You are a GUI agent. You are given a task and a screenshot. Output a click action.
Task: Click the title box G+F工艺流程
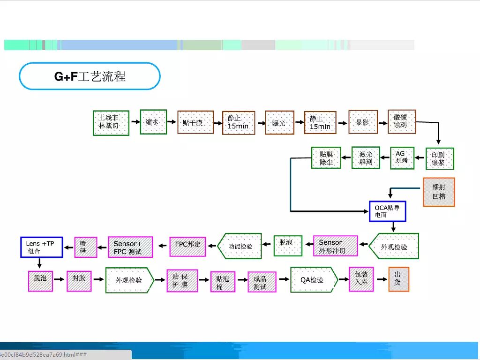pos(90,76)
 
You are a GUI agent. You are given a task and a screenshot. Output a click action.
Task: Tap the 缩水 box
pos(153,122)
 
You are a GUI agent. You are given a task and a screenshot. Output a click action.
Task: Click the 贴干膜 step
pos(195,122)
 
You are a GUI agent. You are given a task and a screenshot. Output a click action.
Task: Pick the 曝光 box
pos(279,122)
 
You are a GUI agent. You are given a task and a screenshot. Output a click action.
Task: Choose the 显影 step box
pos(363,122)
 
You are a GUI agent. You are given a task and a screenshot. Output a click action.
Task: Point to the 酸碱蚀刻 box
pos(402,121)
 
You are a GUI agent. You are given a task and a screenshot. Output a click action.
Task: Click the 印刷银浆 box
pos(440,159)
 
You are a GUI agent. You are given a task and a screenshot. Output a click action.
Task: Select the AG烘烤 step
pos(402,158)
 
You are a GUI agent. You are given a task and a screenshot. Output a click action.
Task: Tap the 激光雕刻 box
pos(366,157)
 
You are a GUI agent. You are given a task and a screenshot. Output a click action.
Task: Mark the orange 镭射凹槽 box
pos(439,192)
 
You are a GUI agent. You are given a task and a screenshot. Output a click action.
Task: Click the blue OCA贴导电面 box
pos(387,211)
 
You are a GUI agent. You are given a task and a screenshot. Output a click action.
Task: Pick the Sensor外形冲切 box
pos(335,246)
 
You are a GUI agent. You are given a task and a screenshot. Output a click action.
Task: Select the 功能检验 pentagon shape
pos(240,246)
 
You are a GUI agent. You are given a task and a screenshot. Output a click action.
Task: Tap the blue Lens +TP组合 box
pos(41,247)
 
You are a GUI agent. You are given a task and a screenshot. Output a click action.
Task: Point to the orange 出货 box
pos(398,279)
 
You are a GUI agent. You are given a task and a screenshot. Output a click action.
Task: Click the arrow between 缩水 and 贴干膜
pos(172,122)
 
